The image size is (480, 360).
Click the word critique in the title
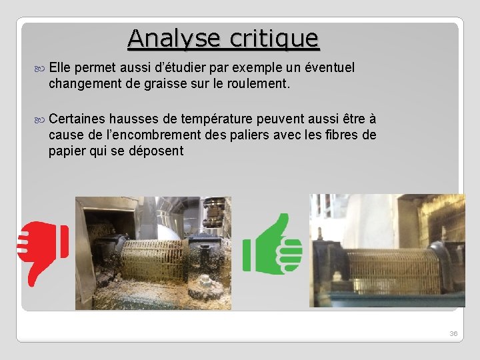click(x=274, y=38)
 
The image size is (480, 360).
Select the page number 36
click(x=453, y=333)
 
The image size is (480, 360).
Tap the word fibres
click(x=340, y=135)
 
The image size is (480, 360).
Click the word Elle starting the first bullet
click(x=60, y=67)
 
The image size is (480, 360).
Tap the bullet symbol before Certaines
click(x=43, y=119)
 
